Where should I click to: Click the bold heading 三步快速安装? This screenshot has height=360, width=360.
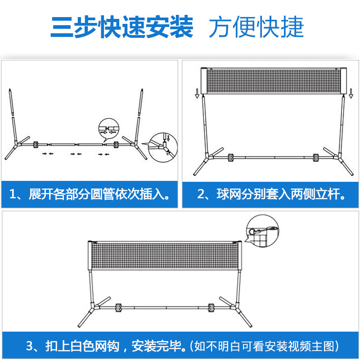click(x=121, y=27)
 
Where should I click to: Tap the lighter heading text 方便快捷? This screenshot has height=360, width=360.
click(x=256, y=27)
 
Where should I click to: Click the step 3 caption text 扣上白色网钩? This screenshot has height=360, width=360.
click(x=82, y=346)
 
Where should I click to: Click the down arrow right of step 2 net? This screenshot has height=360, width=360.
click(x=351, y=94)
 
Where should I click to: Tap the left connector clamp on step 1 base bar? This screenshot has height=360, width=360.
click(x=36, y=144)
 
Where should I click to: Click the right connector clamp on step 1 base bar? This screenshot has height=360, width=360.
click(x=116, y=144)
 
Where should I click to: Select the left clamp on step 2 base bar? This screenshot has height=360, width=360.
click(x=230, y=157)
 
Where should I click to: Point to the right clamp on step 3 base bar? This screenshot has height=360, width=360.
click(x=211, y=308)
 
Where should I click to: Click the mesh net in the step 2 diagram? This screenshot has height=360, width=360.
click(x=274, y=81)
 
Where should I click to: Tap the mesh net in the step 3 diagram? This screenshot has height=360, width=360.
click(x=165, y=255)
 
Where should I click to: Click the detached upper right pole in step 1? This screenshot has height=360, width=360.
click(x=140, y=102)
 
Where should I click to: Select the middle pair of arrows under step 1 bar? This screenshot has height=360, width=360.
click(x=76, y=154)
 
